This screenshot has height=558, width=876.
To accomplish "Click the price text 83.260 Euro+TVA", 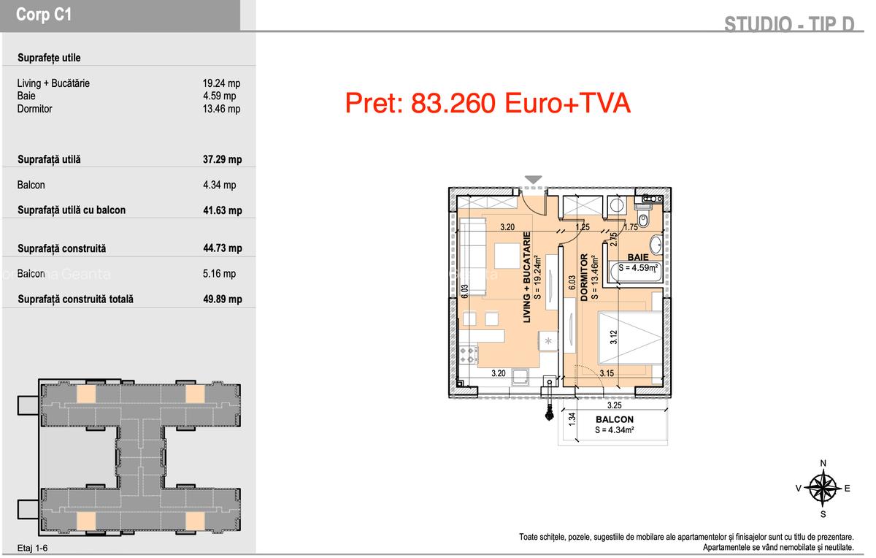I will coord(488,104).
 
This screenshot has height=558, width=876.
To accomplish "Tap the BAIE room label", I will coord(637,257).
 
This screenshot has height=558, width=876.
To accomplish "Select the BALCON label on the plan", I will coord(614,420).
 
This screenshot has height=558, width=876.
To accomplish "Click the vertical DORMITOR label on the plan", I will coord(584,278).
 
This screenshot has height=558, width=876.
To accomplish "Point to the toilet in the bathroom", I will coord(643,218).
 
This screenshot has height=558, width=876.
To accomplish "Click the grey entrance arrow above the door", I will coord(534,180).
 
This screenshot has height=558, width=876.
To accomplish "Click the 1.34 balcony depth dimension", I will coord(572,418).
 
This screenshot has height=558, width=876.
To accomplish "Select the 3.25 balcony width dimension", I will coord(615,405).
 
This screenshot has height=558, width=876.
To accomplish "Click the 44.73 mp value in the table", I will coord(222,248).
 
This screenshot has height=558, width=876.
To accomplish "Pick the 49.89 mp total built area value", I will coord(222,299).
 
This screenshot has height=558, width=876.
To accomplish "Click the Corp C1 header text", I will coord(44,15).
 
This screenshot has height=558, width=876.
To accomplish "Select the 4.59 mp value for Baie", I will coord(219,96).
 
